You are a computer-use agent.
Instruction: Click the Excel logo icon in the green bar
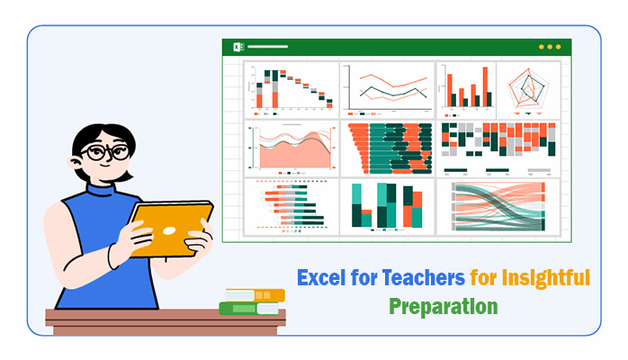click(x=238, y=47)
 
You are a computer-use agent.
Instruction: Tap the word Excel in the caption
click(x=321, y=277)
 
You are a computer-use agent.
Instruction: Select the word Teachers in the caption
click(x=424, y=277)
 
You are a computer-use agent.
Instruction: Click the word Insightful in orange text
click(x=546, y=278)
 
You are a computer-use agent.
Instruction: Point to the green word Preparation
click(x=444, y=308)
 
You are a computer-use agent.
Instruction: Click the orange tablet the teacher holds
click(x=171, y=229)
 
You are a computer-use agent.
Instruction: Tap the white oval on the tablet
click(x=169, y=230)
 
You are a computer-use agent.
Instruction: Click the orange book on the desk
click(x=256, y=295)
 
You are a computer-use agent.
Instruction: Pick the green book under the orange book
click(x=248, y=309)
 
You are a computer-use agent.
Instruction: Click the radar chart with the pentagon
click(x=528, y=90)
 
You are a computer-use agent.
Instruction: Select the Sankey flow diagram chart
click(x=498, y=207)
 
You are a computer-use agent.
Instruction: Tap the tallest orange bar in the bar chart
click(x=486, y=86)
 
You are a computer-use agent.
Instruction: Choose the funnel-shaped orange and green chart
click(x=390, y=148)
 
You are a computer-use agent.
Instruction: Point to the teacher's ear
click(x=75, y=162)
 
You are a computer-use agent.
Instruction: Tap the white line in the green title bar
click(x=267, y=47)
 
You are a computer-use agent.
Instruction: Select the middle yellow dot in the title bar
click(x=550, y=47)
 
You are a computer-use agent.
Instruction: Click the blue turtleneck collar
click(x=101, y=189)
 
